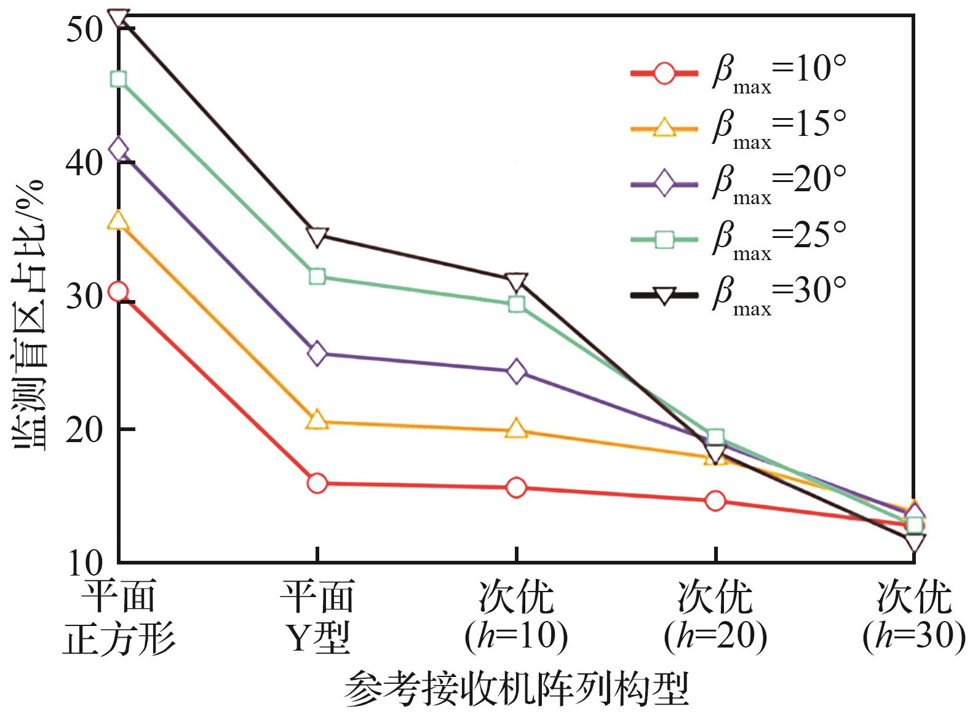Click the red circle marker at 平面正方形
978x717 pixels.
118,291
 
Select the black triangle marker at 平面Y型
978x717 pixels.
317,237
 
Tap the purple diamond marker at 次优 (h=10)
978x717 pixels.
516,371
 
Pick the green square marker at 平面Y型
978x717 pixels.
317,276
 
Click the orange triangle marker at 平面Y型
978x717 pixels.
317,421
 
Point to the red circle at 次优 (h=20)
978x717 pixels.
715,501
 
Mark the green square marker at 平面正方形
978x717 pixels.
118,79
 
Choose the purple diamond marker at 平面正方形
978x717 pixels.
118,149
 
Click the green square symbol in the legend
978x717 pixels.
664,240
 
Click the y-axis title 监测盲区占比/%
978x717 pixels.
28,314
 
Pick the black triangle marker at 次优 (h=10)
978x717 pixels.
516,282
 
